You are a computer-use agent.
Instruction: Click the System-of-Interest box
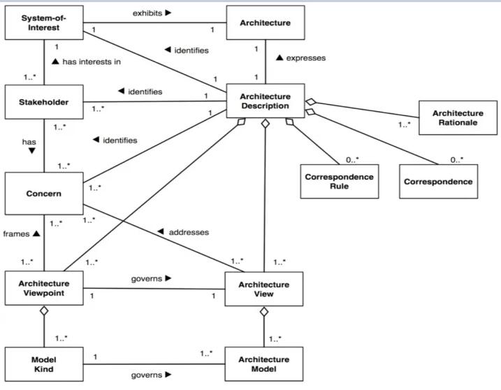[x=44, y=22]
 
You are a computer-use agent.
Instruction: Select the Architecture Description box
[x=266, y=101]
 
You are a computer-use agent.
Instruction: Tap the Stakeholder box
[x=44, y=102]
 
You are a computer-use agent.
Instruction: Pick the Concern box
[x=44, y=194]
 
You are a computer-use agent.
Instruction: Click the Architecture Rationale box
[x=458, y=117]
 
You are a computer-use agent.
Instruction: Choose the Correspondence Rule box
[x=340, y=182]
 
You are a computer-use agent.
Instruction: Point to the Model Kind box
[x=44, y=364]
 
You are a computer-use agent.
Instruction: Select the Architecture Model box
[x=264, y=364]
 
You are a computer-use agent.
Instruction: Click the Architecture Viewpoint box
[x=44, y=288]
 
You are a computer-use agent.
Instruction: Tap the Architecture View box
[x=264, y=289]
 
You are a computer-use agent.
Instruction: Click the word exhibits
[x=147, y=13]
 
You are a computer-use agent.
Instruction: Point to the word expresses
[x=306, y=58]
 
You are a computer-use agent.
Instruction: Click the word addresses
[x=189, y=232]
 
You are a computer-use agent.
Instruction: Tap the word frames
[x=16, y=233]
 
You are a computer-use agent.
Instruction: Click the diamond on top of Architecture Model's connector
[x=264, y=312]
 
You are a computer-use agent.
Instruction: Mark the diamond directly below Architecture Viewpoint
[x=44, y=311]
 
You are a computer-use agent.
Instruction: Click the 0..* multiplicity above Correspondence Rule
[x=352, y=159]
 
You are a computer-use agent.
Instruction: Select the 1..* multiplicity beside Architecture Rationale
[x=404, y=124]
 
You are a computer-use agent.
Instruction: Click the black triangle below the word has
[x=31, y=150]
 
